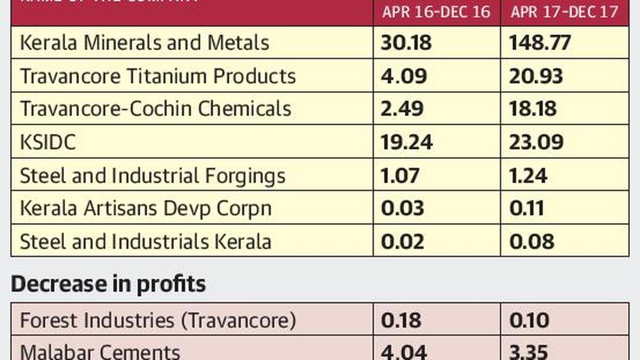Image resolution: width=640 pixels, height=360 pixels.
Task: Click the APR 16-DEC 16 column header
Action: (x=436, y=12)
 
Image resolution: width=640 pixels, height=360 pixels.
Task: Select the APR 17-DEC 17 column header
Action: (x=564, y=12)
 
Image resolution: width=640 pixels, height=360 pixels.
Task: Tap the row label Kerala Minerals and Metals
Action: (x=145, y=43)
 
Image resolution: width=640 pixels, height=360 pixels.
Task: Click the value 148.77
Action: (x=540, y=43)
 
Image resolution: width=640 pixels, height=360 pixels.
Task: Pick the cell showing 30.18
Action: (x=406, y=43)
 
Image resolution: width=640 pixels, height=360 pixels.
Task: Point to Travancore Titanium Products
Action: (x=158, y=76)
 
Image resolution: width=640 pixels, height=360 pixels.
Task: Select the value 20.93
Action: (x=536, y=76)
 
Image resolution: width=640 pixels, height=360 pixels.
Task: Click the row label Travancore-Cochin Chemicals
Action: (x=156, y=109)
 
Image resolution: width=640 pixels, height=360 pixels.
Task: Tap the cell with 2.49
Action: (x=402, y=109)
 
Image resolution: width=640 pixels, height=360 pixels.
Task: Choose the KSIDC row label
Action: (x=47, y=142)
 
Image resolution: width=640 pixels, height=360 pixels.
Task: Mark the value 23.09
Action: (x=537, y=142)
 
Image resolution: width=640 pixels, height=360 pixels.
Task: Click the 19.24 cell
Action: (x=407, y=142)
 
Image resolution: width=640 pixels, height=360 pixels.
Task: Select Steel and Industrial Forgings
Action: (x=153, y=175)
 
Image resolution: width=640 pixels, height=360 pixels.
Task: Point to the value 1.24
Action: (x=529, y=175)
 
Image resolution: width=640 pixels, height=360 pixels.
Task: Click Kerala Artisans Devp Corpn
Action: (x=146, y=209)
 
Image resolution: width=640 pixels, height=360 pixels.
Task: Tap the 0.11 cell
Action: (x=527, y=209)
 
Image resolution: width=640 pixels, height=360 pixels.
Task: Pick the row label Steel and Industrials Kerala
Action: (x=146, y=242)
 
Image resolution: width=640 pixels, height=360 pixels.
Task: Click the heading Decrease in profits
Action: (x=108, y=284)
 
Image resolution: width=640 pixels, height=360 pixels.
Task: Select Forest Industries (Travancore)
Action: (x=158, y=321)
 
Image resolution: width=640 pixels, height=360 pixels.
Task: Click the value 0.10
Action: (x=530, y=321)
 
